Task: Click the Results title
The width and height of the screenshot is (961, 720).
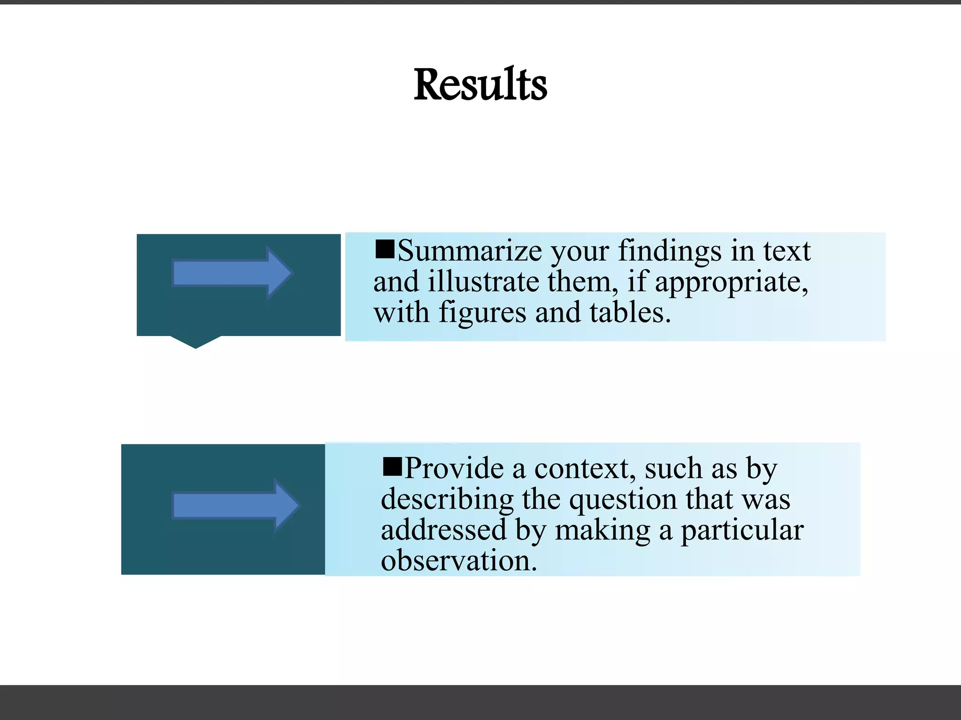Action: coord(480,85)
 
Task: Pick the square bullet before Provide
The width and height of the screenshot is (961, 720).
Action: coord(392,466)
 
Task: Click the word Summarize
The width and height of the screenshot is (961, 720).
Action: coord(470,251)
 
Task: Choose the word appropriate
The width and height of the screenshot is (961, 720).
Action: coord(731,283)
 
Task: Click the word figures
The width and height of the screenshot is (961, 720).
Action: coord(482,313)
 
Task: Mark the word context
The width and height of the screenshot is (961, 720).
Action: coord(585,468)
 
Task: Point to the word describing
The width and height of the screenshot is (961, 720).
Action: coord(447,500)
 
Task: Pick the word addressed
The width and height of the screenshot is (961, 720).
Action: coord(443,530)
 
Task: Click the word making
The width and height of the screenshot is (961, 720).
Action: coord(602,531)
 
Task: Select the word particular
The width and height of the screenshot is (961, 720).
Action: coord(742,531)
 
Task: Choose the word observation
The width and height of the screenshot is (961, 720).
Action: coord(458,561)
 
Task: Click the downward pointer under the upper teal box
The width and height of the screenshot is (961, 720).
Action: coord(195,342)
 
